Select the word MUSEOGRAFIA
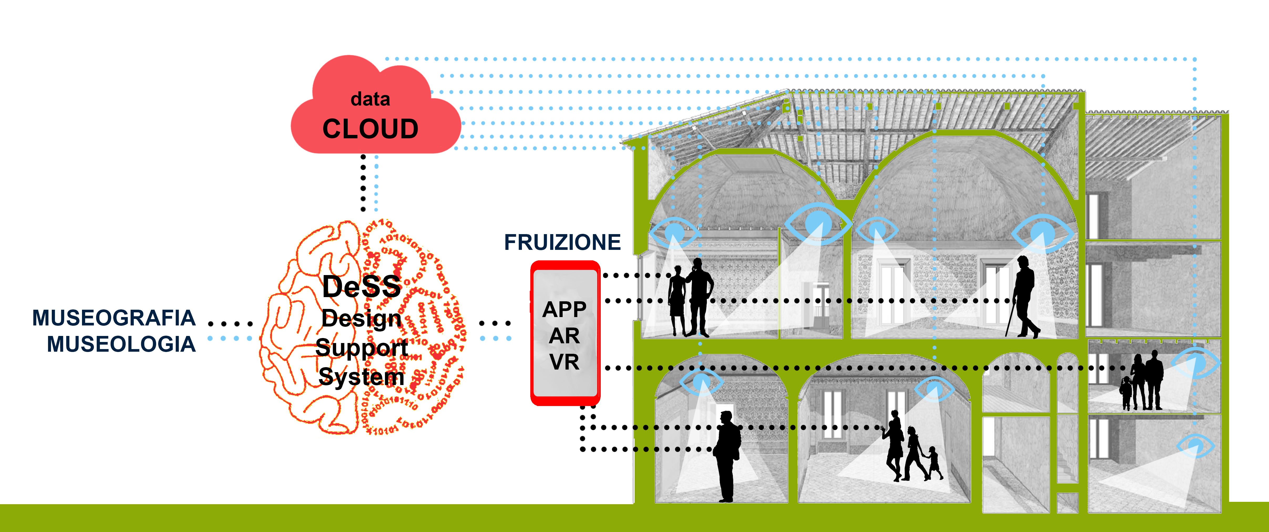(114, 318)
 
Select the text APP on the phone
(564, 309)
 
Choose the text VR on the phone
(564, 362)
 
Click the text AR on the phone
(564, 336)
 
